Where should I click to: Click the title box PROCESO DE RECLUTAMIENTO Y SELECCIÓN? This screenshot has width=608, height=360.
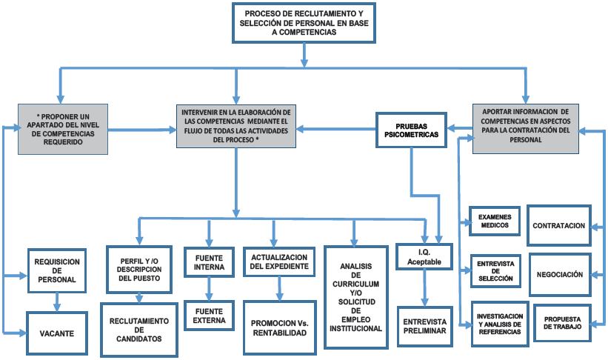click(304, 23)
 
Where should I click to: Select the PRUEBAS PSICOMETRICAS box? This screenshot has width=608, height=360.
click(411, 130)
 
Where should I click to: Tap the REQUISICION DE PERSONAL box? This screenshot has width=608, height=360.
click(57, 270)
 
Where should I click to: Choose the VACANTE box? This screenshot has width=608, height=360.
click(57, 333)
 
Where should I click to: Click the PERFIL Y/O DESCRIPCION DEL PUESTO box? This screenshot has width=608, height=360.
click(140, 267)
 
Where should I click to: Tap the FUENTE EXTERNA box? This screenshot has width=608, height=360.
click(210, 316)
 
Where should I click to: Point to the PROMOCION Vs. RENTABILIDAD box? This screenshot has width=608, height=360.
click(279, 327)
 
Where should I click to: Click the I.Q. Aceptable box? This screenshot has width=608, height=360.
click(424, 256)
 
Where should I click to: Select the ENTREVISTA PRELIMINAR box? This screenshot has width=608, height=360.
click(424, 326)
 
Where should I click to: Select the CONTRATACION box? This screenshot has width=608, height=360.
click(559, 225)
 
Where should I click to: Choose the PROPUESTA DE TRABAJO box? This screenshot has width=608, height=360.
click(561, 323)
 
